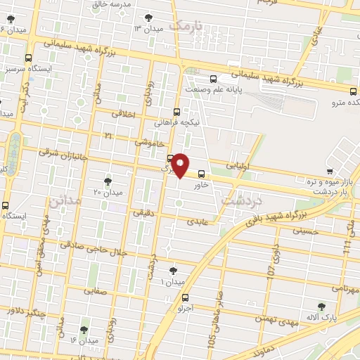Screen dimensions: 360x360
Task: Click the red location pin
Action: point(181,165)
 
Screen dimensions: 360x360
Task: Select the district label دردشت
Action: point(240,201)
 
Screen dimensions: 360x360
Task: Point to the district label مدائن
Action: point(65,202)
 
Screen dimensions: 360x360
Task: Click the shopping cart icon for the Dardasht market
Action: point(330,171)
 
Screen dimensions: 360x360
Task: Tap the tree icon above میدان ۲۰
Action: point(108,181)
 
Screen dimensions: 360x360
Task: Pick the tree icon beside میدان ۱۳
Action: point(148,18)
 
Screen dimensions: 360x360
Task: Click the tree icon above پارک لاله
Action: point(321,307)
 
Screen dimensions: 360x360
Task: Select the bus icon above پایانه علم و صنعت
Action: point(214,79)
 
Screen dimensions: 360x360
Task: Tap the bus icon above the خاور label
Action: point(202,174)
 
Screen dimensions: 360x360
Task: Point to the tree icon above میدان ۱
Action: point(173,270)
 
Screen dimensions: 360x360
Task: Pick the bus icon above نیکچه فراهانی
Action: point(176,111)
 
